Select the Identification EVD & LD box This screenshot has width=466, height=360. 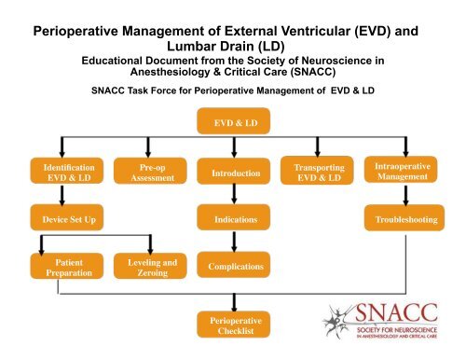click(x=62, y=171)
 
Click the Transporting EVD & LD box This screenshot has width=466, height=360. click(x=313, y=172)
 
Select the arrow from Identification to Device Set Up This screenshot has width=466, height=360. click(x=62, y=197)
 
